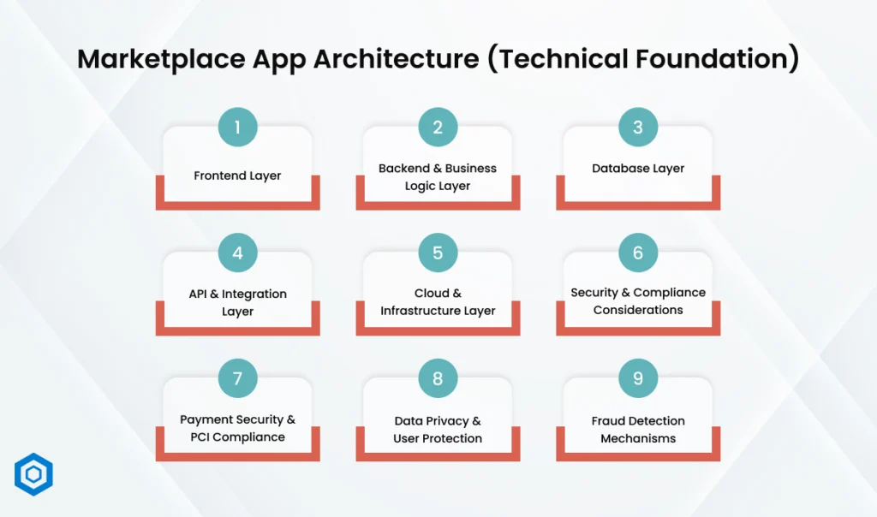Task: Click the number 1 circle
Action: (x=237, y=128)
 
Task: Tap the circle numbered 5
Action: (x=438, y=253)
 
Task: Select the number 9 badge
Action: (x=638, y=377)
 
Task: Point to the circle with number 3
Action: (x=638, y=128)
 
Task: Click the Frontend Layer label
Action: (x=237, y=175)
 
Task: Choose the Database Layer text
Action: (x=638, y=169)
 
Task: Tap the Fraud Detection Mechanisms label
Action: (x=638, y=430)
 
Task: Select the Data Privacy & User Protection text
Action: (x=438, y=430)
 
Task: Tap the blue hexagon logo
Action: (x=33, y=474)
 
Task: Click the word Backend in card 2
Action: (x=405, y=169)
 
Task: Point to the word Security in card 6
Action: (x=594, y=293)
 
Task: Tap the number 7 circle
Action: (x=237, y=377)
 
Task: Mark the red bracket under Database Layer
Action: (x=638, y=204)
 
